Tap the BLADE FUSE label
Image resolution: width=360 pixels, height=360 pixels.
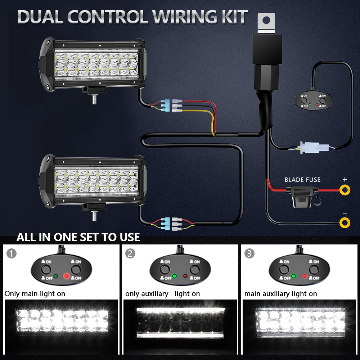tap(302, 180)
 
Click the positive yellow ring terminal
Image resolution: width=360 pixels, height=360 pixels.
tap(345, 189)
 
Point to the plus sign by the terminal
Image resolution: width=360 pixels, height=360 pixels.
tap(345, 179)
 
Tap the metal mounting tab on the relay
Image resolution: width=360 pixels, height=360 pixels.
tap(266, 22)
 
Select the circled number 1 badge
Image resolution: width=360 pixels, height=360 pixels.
tap(12, 253)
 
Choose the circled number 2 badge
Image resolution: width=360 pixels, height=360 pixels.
tap(131, 253)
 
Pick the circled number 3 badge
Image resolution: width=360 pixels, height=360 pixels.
tap(249, 253)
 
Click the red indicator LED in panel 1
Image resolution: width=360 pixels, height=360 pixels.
tap(66, 276)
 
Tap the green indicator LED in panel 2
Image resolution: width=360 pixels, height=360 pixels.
tap(175, 276)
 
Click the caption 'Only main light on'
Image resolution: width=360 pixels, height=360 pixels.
tap(35, 294)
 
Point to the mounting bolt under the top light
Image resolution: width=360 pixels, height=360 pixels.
tap(94, 99)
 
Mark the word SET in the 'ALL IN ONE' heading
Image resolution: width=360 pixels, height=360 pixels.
tap(98, 237)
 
